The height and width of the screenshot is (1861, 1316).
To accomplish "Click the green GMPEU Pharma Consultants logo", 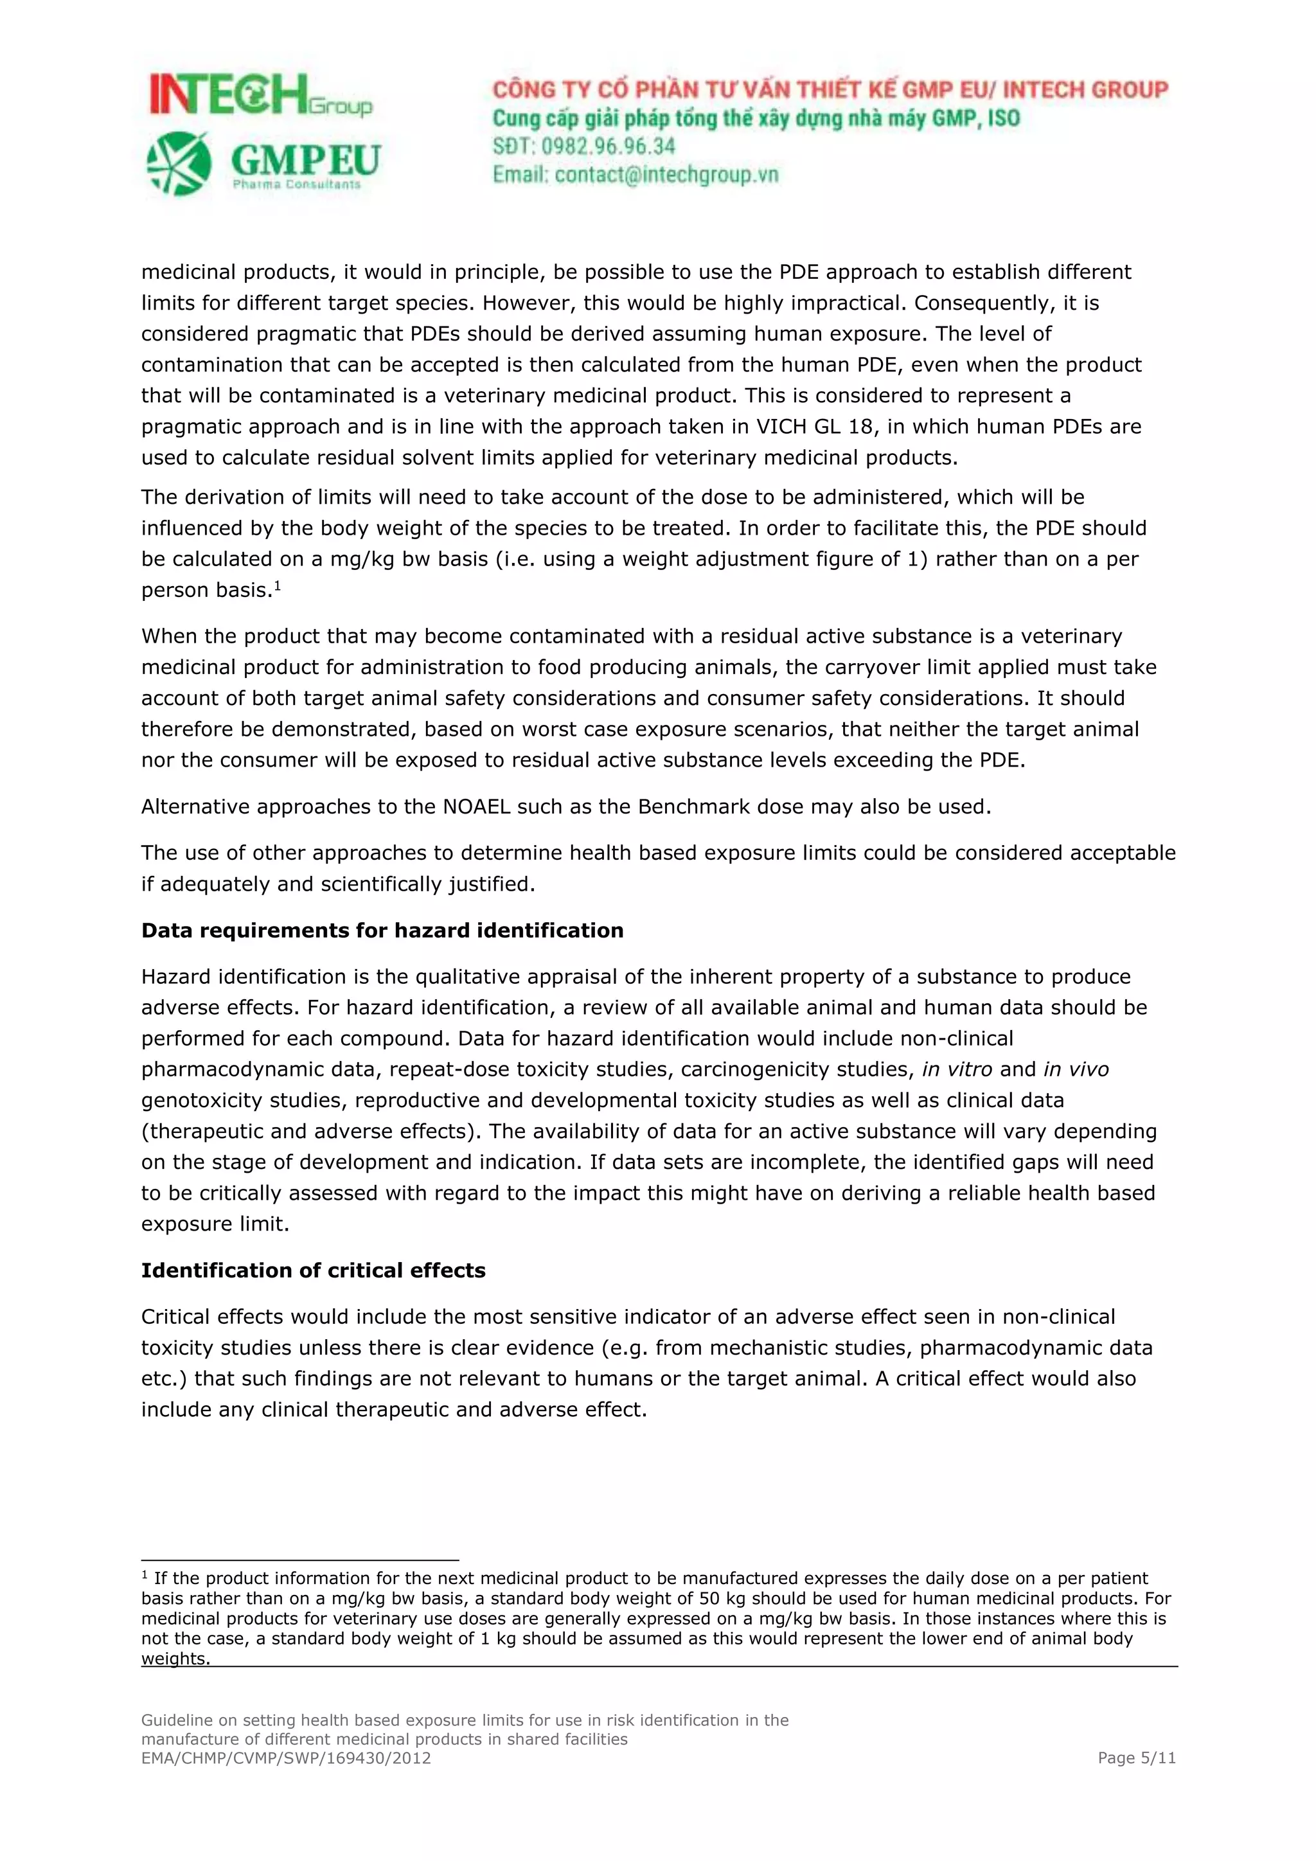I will tap(263, 164).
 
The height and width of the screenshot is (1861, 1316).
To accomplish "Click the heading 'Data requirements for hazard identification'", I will tap(382, 930).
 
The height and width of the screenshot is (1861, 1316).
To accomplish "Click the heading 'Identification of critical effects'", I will tap(313, 1270).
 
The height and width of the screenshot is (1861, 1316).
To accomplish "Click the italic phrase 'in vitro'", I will tap(957, 1070).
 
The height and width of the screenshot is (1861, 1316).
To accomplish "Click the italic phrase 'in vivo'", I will tap(1076, 1070).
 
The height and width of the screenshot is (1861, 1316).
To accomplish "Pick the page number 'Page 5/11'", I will tap(1136, 1758).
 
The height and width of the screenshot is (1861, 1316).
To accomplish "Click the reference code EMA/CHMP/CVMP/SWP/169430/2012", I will tap(286, 1758).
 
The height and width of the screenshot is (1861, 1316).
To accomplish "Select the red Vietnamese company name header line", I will tap(830, 89).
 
